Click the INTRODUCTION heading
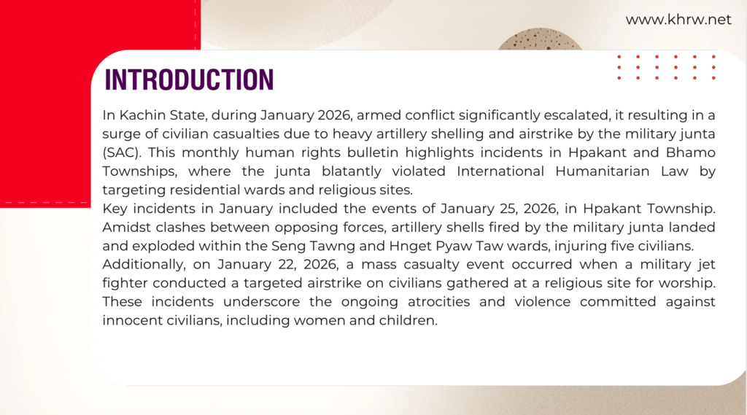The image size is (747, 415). (190, 80)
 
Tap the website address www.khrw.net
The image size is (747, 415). (678, 20)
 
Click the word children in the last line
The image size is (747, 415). (411, 320)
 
